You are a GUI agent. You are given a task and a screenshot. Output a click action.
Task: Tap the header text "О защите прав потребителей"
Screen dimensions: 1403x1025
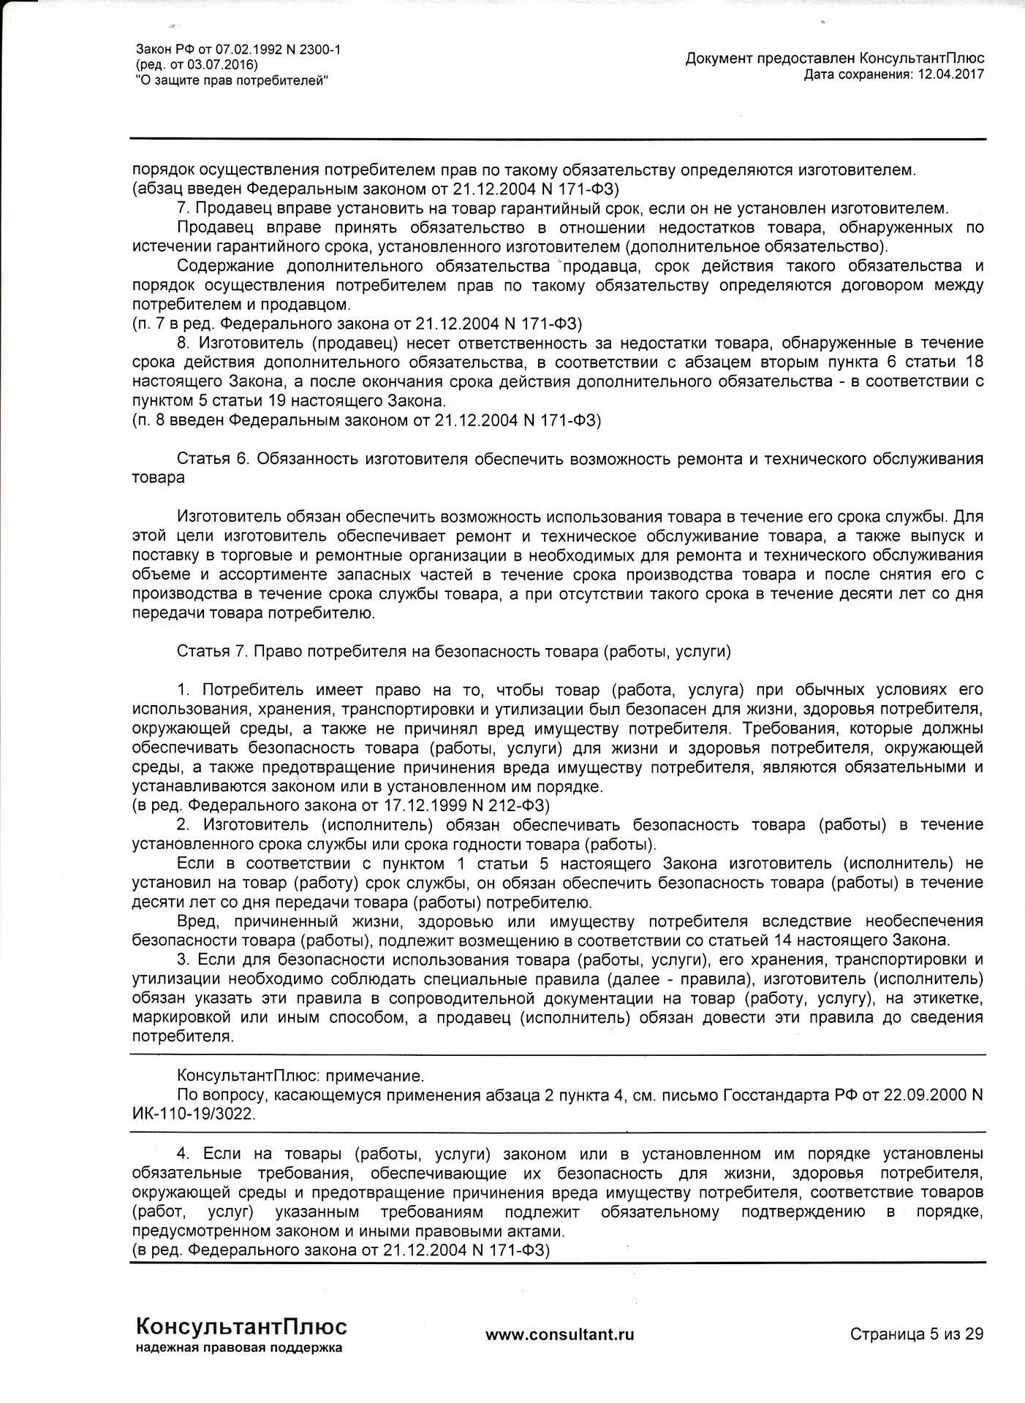coord(232,80)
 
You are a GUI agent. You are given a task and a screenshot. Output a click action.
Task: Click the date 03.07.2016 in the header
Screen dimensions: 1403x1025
coord(219,65)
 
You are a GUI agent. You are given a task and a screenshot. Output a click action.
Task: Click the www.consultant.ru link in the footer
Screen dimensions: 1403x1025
coord(559,1334)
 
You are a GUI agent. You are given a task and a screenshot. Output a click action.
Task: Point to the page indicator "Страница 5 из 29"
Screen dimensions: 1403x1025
coord(916,1334)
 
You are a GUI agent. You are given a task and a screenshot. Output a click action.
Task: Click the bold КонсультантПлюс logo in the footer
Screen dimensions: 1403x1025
coord(241,1326)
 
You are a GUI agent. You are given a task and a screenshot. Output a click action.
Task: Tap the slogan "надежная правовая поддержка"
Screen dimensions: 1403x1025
coord(238,1347)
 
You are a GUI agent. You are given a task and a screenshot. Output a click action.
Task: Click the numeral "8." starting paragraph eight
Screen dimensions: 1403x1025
coord(184,343)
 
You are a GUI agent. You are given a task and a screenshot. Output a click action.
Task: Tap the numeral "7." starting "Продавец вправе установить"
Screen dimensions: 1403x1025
coord(184,208)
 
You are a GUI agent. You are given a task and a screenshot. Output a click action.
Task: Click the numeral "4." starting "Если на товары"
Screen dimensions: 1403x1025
coord(184,1153)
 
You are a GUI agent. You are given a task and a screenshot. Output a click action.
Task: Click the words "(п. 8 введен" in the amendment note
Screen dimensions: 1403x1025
coord(179,420)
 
